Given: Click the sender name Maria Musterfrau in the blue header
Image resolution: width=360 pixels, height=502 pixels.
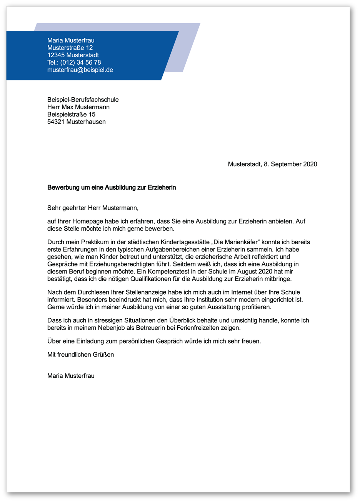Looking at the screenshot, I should click(71, 40).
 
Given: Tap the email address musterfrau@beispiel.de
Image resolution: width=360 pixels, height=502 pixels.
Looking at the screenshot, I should click(80, 70).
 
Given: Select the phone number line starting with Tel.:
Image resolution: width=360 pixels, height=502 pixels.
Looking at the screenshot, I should click(74, 62).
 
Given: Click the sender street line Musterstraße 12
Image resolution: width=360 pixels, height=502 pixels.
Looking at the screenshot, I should click(70, 48).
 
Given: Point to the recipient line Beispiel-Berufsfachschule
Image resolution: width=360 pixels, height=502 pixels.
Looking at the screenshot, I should click(83, 100).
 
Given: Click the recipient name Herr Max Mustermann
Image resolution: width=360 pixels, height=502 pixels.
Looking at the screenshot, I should click(78, 107).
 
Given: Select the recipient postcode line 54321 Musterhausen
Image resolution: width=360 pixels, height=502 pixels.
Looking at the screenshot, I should click(76, 122).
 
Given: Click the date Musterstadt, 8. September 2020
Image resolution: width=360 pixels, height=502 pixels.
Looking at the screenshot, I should click(272, 164).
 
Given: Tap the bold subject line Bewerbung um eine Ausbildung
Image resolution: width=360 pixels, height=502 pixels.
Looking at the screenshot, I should click(112, 188).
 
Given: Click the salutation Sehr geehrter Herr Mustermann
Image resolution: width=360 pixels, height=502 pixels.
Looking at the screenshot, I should click(92, 208).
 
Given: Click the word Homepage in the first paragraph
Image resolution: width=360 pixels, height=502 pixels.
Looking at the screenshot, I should click(84, 222).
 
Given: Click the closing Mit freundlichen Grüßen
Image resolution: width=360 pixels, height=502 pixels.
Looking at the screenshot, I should click(80, 354).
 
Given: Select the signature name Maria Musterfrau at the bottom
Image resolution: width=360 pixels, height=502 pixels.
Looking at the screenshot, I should click(71, 375).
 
